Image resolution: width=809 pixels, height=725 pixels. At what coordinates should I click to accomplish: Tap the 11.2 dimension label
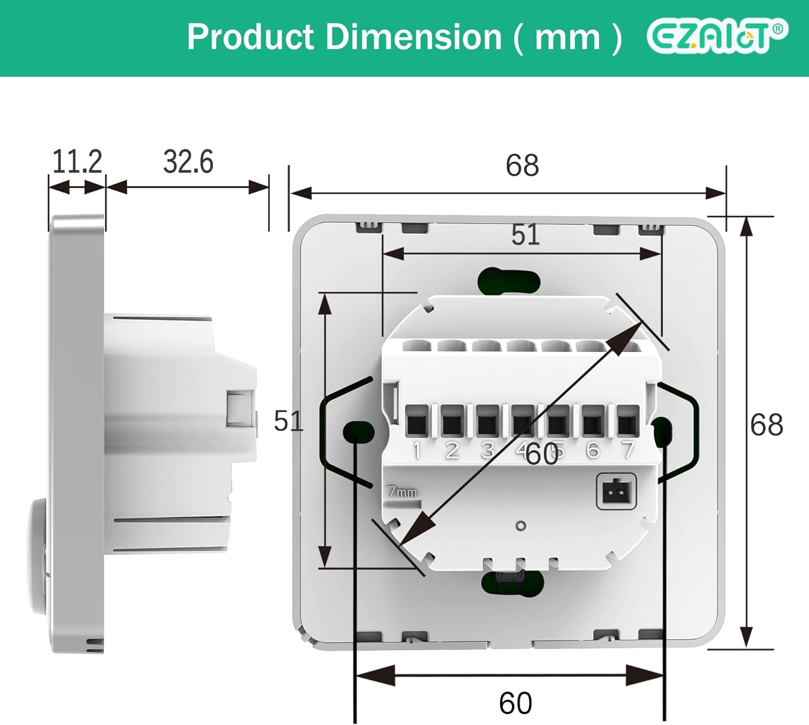point(77,161)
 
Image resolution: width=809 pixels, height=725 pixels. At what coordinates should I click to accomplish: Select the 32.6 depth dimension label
point(188,161)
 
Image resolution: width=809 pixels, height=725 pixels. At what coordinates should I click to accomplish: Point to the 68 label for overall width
point(522,165)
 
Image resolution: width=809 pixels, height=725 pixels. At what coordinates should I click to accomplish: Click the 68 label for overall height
point(766,425)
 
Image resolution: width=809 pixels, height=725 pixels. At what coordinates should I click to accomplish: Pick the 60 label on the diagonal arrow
point(541,454)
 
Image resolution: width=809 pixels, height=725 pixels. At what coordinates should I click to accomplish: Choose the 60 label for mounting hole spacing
point(515,703)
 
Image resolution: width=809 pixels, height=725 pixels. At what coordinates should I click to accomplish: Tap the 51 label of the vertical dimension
point(288,420)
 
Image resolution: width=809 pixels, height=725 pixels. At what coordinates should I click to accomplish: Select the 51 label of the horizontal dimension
point(525,234)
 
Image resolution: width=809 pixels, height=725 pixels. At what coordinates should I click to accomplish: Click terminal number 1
point(416,451)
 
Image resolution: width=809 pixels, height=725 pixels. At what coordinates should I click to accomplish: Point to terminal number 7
point(627,450)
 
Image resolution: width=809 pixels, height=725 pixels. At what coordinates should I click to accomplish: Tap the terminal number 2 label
point(452,451)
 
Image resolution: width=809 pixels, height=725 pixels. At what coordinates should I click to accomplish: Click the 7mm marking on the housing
point(402,492)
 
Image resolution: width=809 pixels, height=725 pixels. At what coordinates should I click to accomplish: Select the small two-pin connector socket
point(616,492)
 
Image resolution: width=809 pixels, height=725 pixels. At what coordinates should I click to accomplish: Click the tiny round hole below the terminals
point(520,526)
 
